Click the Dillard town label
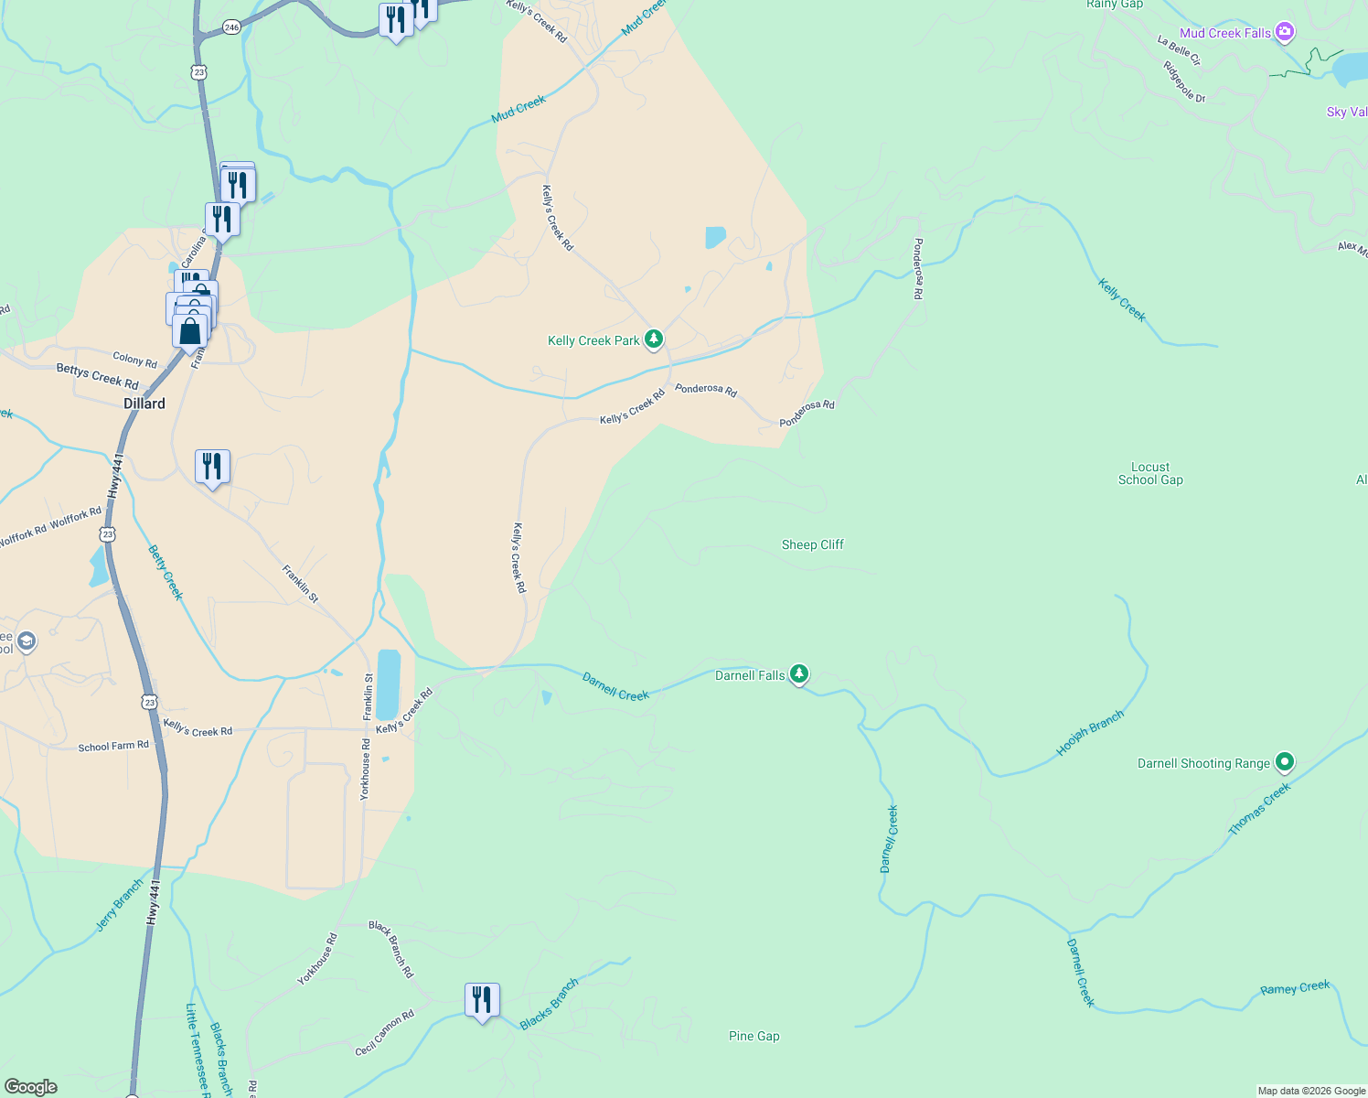tap(144, 404)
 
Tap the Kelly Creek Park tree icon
tap(653, 340)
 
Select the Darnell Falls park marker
tap(799, 674)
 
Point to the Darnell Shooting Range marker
tap(1285, 761)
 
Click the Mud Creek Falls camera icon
tap(1285, 33)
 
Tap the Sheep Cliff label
tap(812, 544)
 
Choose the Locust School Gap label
tap(1150, 473)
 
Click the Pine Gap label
tap(754, 1036)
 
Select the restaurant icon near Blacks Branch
tap(482, 1000)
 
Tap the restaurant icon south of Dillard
tap(212, 468)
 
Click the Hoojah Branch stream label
tap(1089, 734)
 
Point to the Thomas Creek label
tap(1259, 809)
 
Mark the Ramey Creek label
tap(1295, 988)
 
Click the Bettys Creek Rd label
tap(97, 376)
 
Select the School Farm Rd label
tap(113, 747)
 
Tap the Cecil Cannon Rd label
tap(385, 1033)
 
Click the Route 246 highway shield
tap(231, 27)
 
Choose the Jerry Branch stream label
tap(120, 905)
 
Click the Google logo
tap(30, 1087)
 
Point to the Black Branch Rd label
tap(391, 950)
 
